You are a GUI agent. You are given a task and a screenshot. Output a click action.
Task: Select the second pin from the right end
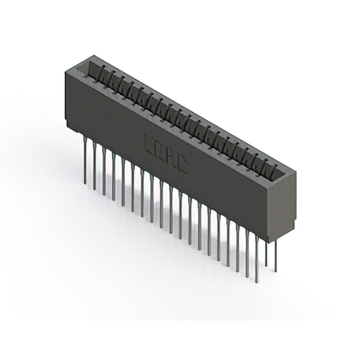pos(267,253)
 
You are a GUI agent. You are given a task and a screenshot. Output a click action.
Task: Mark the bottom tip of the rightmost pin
pos(275,272)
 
